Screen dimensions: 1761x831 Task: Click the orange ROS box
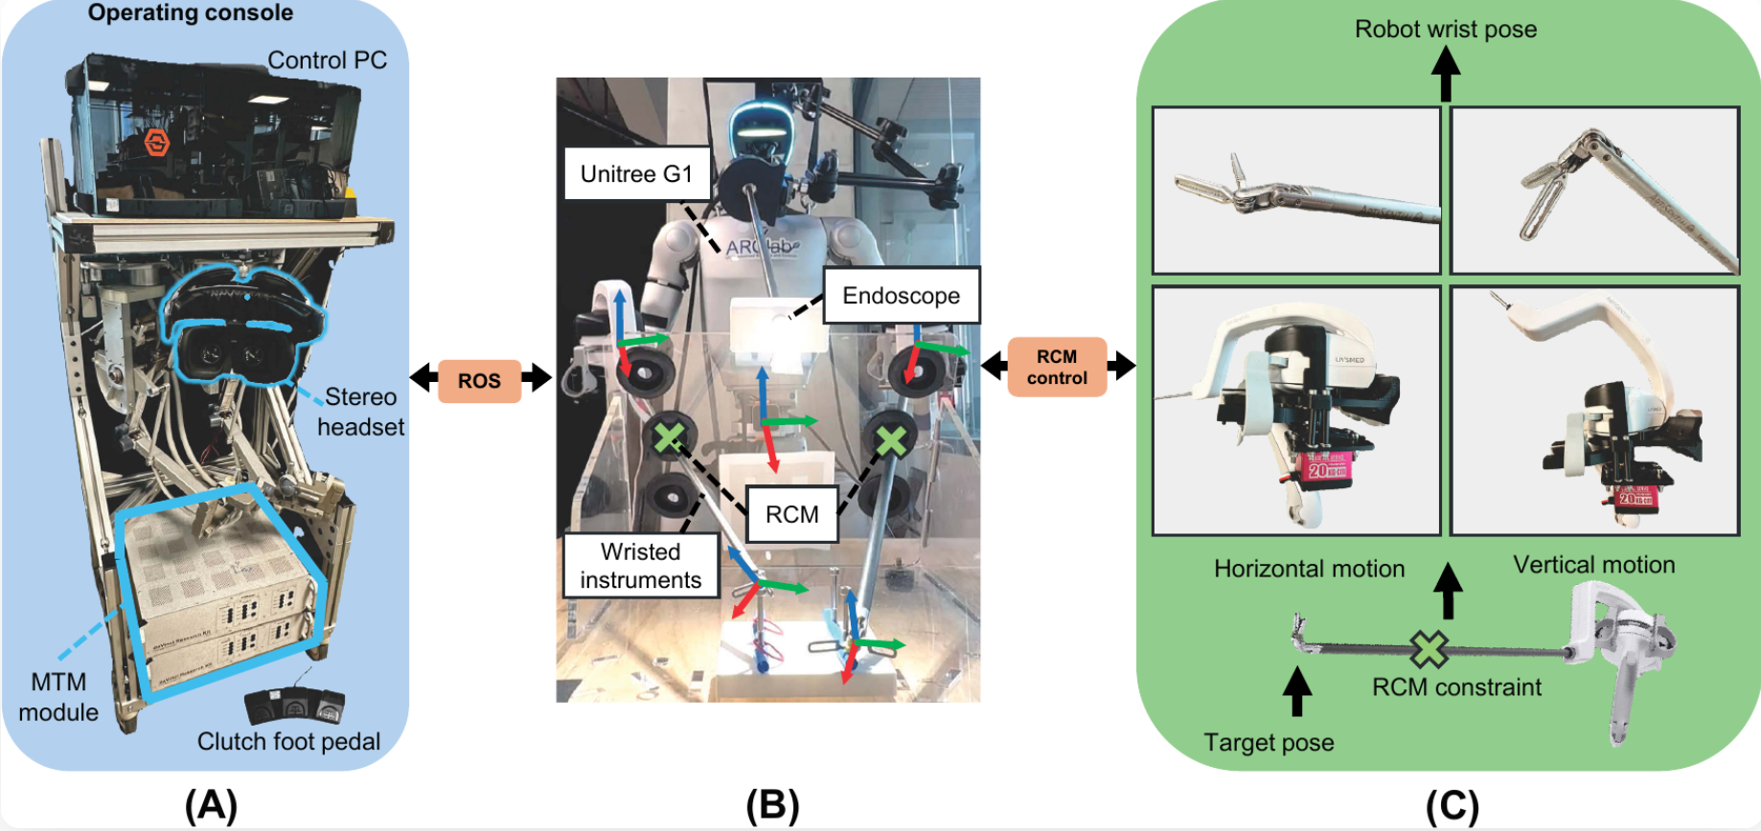coord(479,381)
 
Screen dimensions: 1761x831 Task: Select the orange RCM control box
coord(1057,367)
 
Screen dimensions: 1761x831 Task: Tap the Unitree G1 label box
coord(636,173)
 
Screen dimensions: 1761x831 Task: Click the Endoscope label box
coord(902,296)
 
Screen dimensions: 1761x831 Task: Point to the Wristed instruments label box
coord(641,566)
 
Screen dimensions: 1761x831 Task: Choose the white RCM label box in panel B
coord(792,514)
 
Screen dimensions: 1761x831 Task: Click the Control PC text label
coord(327,60)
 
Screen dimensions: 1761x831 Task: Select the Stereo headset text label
coord(360,412)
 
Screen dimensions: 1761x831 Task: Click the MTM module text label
coord(58,697)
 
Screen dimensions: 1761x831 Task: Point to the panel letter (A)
coord(211,805)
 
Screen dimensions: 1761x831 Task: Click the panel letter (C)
coord(1452,805)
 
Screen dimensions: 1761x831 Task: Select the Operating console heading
coord(191,13)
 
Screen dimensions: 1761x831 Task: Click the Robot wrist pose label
coord(1446,30)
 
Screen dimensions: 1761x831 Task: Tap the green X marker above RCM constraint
coord(1429,649)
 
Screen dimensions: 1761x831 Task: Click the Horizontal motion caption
coord(1309,569)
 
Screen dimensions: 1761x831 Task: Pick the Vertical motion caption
coord(1594,565)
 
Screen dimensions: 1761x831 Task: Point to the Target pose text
coord(1269,743)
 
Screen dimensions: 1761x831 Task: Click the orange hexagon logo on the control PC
coord(157,144)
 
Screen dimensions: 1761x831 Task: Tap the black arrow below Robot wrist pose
coord(1446,75)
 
